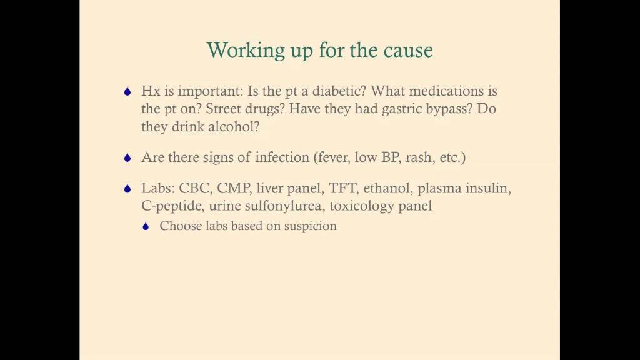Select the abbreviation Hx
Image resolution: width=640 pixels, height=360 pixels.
tap(151, 91)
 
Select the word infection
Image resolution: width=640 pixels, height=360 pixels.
tap(283, 157)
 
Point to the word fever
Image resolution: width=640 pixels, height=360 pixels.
tap(334, 157)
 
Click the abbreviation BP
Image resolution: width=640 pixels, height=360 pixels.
tap(389, 157)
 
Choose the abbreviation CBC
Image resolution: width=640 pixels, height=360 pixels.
tap(195, 188)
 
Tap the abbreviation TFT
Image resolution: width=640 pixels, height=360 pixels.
tap(342, 188)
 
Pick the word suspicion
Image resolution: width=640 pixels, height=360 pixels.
tap(311, 226)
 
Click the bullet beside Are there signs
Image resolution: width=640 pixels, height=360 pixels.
tap(127, 158)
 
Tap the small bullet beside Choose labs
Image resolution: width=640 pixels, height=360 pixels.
tap(146, 227)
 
